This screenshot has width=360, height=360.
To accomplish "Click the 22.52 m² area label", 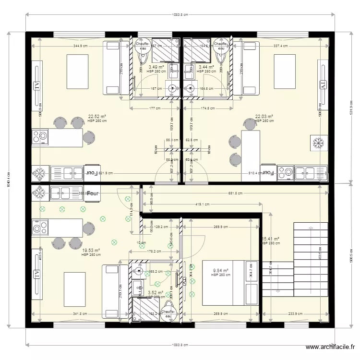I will [97, 116].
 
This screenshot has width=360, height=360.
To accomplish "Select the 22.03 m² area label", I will [264, 116].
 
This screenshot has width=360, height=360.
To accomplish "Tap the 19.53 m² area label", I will [91, 250].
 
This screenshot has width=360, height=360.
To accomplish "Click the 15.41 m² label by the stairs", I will [270, 239].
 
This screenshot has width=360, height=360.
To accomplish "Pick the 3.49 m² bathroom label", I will [156, 67].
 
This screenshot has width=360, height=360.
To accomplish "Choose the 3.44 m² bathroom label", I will [206, 67].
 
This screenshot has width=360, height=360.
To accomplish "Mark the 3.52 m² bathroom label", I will [156, 292].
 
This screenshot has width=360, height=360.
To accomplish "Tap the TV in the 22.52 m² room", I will [36, 85].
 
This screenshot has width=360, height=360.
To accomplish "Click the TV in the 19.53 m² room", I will [36, 275].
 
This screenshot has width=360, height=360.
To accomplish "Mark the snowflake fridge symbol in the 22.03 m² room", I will [318, 143].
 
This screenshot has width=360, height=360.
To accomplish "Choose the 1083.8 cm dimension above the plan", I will [180, 15].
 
